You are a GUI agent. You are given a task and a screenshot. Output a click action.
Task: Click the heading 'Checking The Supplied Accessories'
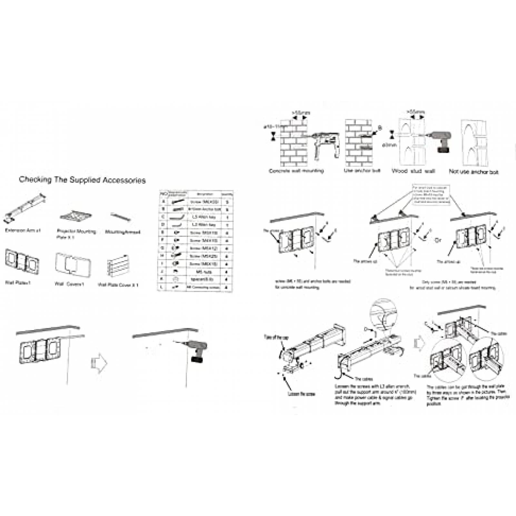82,180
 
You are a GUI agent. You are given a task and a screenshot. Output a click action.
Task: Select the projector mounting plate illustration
76,216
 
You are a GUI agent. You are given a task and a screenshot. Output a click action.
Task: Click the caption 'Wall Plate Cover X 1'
118,285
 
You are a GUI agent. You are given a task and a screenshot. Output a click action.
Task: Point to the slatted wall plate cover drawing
118,266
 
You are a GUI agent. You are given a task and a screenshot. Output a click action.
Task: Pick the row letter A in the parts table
164,202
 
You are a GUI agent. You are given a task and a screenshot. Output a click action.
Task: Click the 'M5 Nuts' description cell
203,272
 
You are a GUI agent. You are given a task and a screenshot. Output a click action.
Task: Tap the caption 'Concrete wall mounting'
296,171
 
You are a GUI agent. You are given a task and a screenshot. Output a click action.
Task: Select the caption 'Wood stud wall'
413,171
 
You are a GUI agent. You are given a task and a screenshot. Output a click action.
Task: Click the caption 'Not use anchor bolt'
473,172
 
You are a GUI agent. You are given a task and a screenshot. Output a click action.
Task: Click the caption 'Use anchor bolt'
362,170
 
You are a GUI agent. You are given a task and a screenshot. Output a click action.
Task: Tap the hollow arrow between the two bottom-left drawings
99,363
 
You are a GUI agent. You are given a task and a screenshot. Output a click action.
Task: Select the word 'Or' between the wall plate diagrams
438,240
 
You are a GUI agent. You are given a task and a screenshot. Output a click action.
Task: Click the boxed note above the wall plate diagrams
431,194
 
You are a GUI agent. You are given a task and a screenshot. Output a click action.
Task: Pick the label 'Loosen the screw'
301,394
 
